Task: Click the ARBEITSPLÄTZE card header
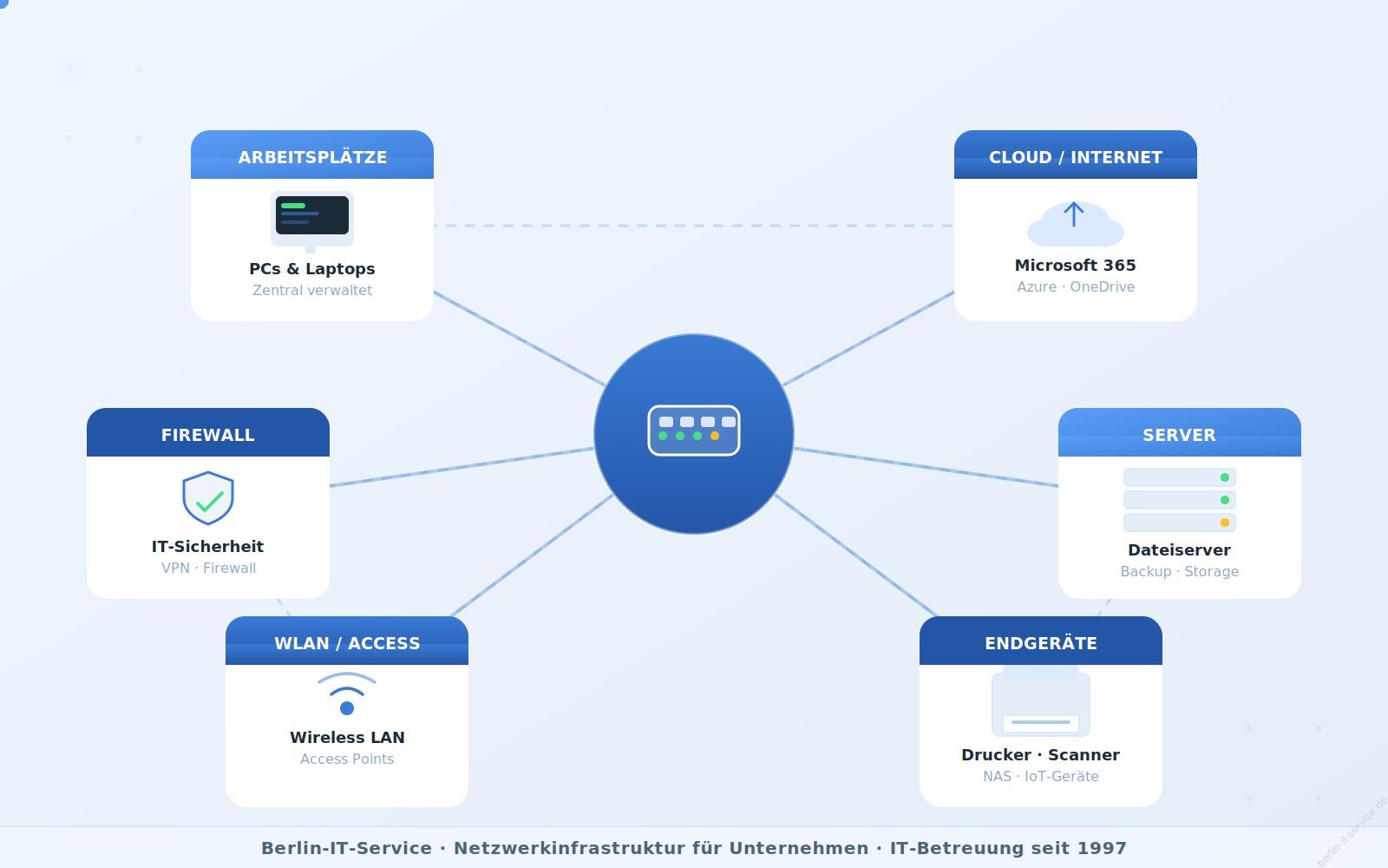coord(312,155)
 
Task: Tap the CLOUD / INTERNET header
coord(1075,155)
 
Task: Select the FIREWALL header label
coord(207,435)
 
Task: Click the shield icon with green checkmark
coord(208,498)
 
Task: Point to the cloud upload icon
coord(1075,224)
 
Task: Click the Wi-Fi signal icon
coord(346,694)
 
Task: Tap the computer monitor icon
coord(311,220)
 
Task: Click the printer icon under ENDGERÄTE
coord(1040,701)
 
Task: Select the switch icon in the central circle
coord(693,431)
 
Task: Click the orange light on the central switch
coord(715,436)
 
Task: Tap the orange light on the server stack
coord(1224,523)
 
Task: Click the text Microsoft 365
coord(1075,266)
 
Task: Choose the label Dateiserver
coord(1179,550)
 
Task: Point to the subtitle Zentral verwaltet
coord(312,290)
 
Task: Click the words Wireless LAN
coord(347,737)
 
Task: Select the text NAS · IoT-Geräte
coord(1040,776)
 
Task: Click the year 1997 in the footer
coord(1102,848)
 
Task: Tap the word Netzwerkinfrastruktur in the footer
coord(661,848)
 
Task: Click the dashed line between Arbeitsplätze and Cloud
coord(694,226)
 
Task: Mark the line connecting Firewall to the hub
coord(462,467)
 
